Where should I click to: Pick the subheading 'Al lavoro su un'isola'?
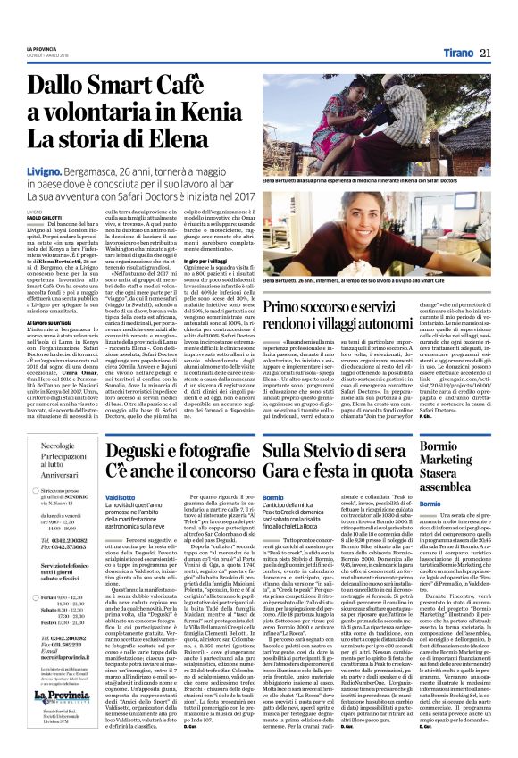tap(51, 322)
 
